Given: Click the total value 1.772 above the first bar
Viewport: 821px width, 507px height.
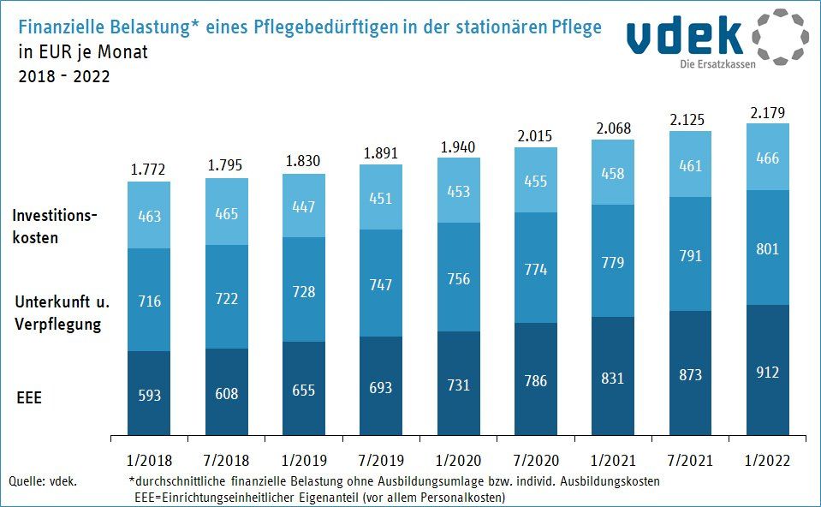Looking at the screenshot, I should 148,170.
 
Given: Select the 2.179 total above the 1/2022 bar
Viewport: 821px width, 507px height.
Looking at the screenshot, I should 767,112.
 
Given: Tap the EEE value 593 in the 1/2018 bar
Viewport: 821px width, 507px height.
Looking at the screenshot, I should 148,396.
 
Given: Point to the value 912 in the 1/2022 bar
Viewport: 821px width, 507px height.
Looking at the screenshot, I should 767,373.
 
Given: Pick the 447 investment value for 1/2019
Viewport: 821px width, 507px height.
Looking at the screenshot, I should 303,206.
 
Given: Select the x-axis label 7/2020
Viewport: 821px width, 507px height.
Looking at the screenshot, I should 535,460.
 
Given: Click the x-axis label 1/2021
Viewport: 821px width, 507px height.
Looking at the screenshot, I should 613,460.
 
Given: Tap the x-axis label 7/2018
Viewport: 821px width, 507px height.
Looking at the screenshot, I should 226,460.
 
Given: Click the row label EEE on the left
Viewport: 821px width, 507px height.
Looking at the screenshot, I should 28,398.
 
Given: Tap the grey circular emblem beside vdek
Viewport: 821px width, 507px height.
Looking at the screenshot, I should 779,37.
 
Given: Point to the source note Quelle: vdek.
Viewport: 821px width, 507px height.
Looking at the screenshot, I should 43,481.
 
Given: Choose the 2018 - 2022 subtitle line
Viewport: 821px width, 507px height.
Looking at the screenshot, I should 64,75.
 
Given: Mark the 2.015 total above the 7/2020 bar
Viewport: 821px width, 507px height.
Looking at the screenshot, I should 535,137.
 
